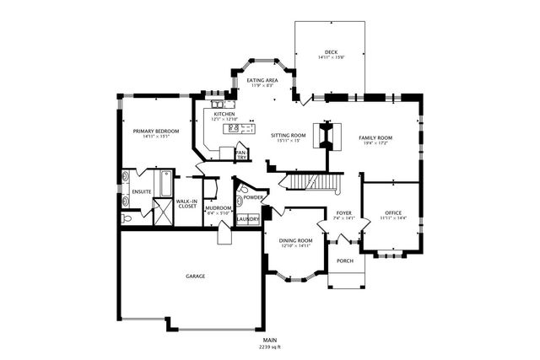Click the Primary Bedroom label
click(156, 131)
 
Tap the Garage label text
click(196, 276)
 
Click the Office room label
click(394, 212)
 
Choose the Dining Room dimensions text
click(295, 246)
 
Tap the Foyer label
click(343, 212)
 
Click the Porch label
click(344, 261)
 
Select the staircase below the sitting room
click(312, 181)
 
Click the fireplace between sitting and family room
click(327, 136)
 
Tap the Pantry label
click(241, 155)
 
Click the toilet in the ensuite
click(127, 218)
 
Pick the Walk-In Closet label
click(186, 204)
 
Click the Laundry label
click(247, 219)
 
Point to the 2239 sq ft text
click(270, 347)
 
